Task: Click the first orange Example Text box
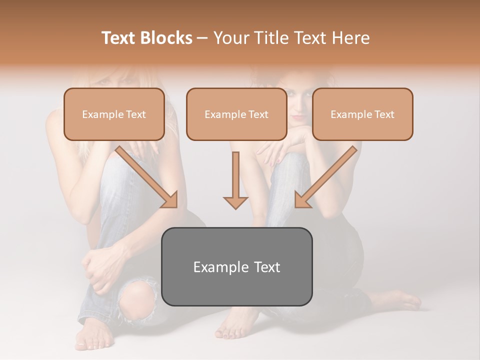[114, 114]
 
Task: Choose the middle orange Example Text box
[236, 114]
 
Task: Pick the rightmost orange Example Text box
[362, 114]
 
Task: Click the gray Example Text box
[236, 266]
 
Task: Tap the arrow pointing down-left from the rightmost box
[324, 177]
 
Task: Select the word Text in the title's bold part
[118, 38]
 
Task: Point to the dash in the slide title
[202, 38]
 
